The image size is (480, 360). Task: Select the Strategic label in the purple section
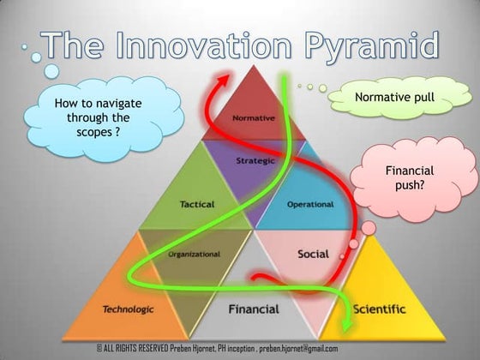point(254,160)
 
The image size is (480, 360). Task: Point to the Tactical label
point(197,204)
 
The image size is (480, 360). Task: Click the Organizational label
point(195,254)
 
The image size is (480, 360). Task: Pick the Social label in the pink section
point(313,254)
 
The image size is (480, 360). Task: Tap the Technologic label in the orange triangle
point(128,309)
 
